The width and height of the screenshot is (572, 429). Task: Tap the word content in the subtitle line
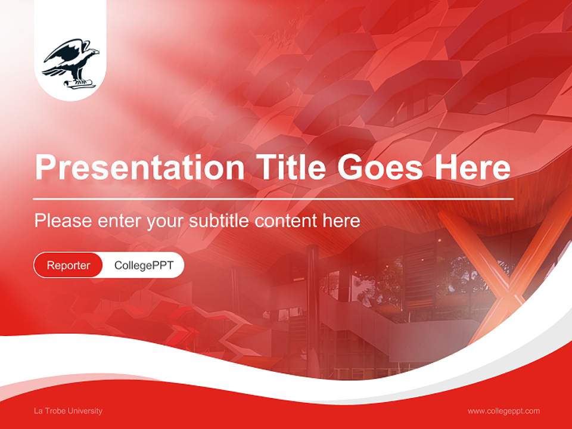[x=286, y=221]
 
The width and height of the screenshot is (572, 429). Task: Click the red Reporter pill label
[x=69, y=265]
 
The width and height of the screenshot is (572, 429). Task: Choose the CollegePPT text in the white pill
[x=144, y=265]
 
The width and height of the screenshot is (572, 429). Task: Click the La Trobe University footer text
[x=68, y=411]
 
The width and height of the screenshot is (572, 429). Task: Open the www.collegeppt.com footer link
[x=503, y=411]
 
